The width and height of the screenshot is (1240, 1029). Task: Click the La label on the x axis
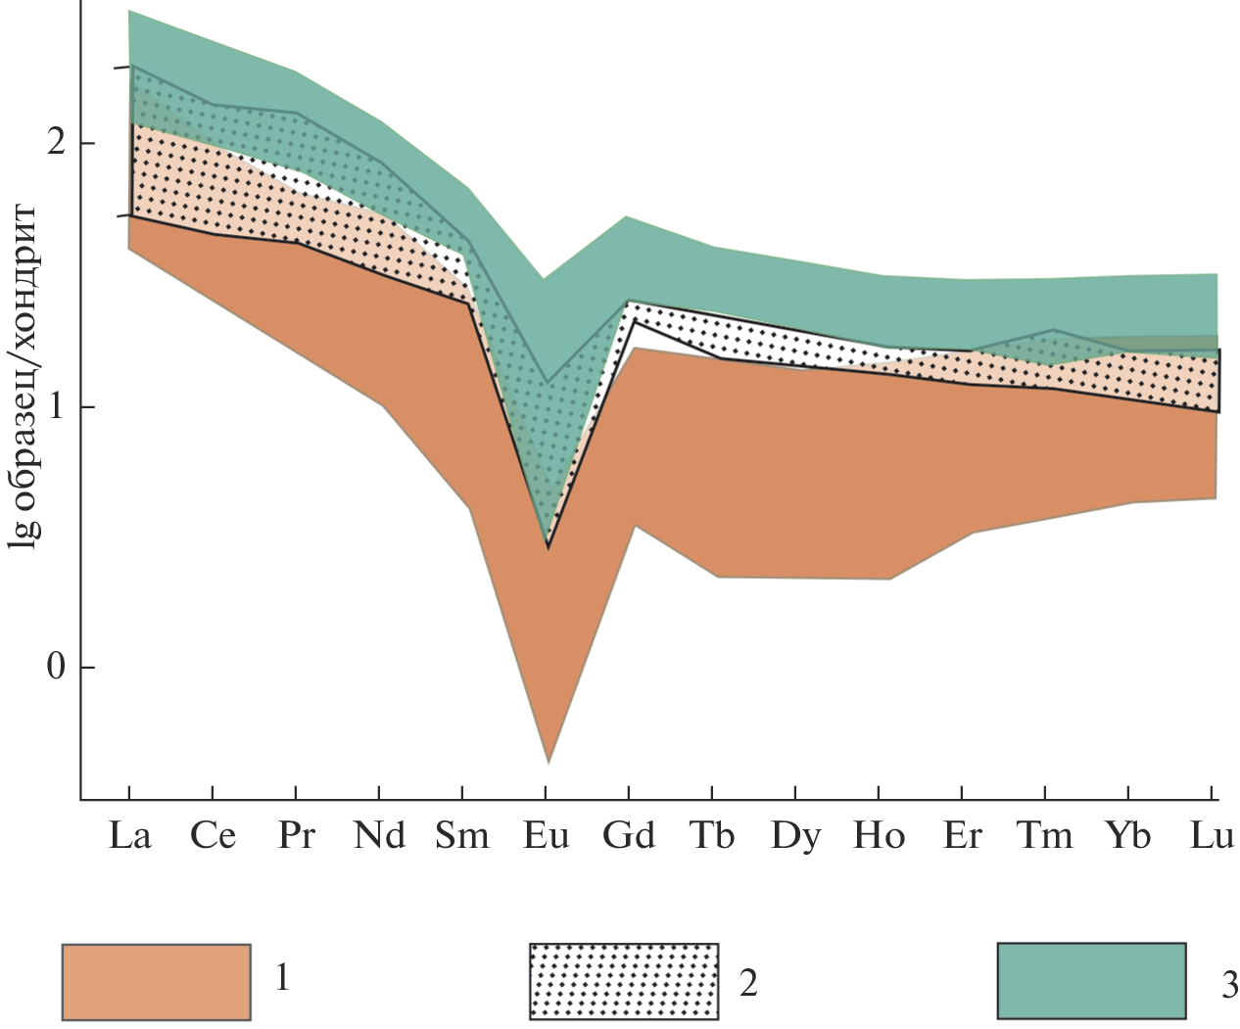point(130,836)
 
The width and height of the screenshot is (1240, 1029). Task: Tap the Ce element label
point(213,836)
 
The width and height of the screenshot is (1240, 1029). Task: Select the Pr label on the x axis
point(296,836)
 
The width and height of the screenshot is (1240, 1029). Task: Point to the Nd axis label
point(379,836)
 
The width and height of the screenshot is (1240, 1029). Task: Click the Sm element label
point(462,836)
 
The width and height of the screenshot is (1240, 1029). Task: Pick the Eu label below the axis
point(546,836)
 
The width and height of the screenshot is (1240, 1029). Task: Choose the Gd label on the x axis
point(629,836)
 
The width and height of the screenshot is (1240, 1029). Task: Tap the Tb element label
point(712,836)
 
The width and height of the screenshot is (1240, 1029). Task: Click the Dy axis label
point(795,837)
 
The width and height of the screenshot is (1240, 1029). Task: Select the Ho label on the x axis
point(879,836)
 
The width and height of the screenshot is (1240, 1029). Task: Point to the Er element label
point(962,836)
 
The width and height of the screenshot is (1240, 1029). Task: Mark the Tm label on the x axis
point(1045,836)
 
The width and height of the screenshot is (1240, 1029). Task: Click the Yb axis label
point(1128,836)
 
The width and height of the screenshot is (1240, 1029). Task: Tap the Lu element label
point(1212,836)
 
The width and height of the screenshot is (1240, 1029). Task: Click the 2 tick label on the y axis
point(56,143)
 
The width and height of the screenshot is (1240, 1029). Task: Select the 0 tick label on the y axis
point(56,668)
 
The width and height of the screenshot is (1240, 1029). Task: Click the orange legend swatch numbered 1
point(156,981)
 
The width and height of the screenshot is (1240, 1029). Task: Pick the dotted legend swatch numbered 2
point(624,981)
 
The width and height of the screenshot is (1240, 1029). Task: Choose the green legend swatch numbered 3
point(1091,981)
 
